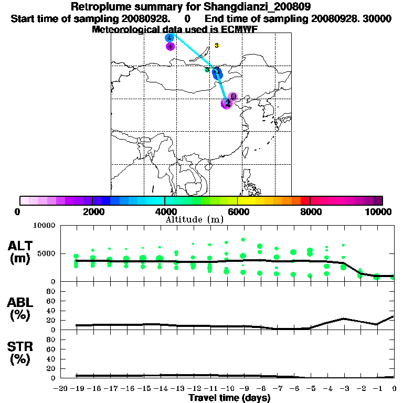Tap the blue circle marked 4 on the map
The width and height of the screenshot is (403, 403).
(169, 38)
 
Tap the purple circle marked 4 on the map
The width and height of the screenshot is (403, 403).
(170, 47)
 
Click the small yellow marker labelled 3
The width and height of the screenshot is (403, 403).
(216, 46)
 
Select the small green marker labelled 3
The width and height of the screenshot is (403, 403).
(207, 70)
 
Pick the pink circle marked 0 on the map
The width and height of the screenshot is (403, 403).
(233, 97)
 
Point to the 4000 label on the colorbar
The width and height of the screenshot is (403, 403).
(165, 211)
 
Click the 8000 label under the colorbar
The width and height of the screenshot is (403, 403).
(310, 211)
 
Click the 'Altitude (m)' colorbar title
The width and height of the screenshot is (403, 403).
(194, 219)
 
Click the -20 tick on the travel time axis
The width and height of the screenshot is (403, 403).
(59, 388)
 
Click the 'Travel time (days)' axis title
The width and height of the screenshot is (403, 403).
(230, 398)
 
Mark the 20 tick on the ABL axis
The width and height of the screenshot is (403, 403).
(52, 320)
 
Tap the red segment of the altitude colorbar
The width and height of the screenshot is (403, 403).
(305, 200)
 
